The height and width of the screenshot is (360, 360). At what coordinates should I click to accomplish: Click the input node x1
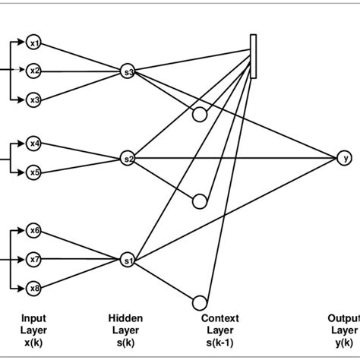pyautogui.click(x=33, y=43)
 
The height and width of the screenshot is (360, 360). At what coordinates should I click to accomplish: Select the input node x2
pyautogui.click(x=33, y=71)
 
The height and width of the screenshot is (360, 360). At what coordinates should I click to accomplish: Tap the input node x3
pyautogui.click(x=33, y=99)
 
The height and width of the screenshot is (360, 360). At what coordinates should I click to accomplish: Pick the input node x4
pyautogui.click(x=33, y=143)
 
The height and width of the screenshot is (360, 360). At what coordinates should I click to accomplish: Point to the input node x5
pyautogui.click(x=33, y=172)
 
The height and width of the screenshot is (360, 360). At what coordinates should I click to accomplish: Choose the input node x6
pyautogui.click(x=33, y=230)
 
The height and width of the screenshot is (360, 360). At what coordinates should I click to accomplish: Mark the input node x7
pyautogui.click(x=33, y=259)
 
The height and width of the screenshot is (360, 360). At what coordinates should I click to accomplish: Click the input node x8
pyautogui.click(x=33, y=288)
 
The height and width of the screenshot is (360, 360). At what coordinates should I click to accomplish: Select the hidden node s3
pyautogui.click(x=128, y=72)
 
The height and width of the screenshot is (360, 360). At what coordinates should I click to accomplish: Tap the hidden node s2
pyautogui.click(x=128, y=159)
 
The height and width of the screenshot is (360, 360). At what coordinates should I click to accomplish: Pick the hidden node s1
pyautogui.click(x=128, y=261)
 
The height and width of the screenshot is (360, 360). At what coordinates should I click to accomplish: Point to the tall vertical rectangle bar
pyautogui.click(x=252, y=55)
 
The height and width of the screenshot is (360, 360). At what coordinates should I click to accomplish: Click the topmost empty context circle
pyautogui.click(x=200, y=115)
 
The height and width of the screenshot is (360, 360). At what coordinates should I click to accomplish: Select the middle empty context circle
pyautogui.click(x=200, y=201)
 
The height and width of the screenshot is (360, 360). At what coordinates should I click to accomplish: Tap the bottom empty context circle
pyautogui.click(x=200, y=302)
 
